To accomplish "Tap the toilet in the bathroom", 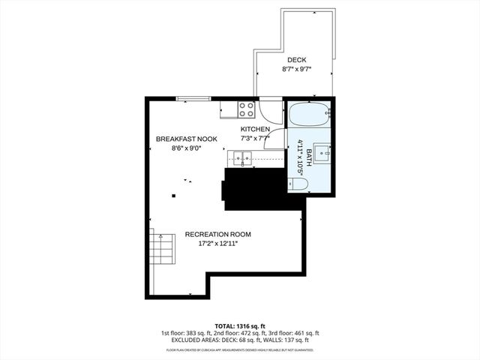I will (298, 184).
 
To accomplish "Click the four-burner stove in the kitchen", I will (246, 109).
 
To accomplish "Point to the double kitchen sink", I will (242, 157).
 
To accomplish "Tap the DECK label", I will (296, 60).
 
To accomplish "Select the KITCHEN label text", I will (255, 129).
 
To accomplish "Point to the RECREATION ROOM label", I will (218, 234).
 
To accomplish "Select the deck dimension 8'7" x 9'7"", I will (296, 69).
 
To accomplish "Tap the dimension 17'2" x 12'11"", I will (218, 244).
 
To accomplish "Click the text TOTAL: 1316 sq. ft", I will (239, 325).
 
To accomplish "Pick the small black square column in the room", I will (174, 196).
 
